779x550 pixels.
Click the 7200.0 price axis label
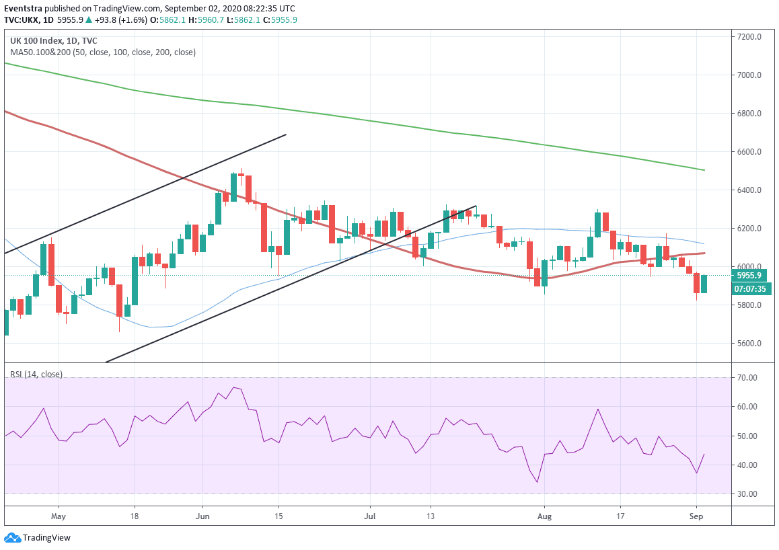(x=749, y=37)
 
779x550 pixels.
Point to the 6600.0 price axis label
(x=749, y=152)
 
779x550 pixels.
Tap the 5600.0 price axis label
(x=749, y=344)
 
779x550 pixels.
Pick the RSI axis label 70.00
(x=747, y=378)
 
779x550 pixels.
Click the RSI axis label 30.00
(x=747, y=494)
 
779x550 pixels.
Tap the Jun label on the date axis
(x=202, y=517)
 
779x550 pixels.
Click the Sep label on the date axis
(x=696, y=517)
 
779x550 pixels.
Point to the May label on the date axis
(x=59, y=517)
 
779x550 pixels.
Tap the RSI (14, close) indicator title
(x=36, y=374)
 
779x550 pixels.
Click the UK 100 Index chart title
(x=52, y=40)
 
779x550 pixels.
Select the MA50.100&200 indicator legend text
(x=103, y=52)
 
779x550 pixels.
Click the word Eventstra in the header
(x=24, y=8)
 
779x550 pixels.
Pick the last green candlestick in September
(x=704, y=283)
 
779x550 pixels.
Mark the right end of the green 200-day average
(x=704, y=170)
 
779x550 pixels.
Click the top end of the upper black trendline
(x=287, y=134)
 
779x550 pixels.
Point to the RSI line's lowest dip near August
(x=537, y=482)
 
